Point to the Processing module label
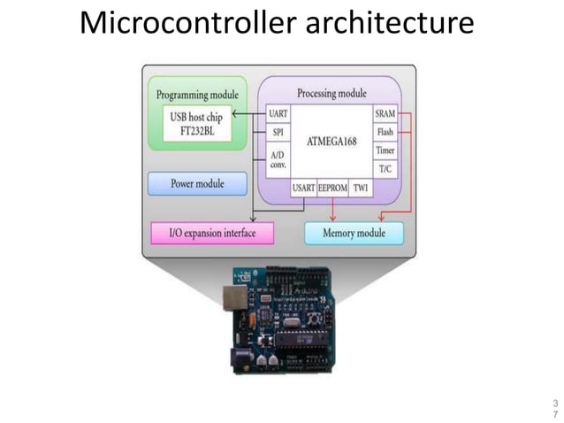(331, 93)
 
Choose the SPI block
(277, 132)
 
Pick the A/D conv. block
(277, 160)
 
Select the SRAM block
(385, 114)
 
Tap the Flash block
(385, 132)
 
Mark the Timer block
(385, 150)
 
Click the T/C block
(385, 168)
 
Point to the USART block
(302, 188)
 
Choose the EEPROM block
(332, 188)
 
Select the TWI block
(361, 188)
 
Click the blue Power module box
(196, 184)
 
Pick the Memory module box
(354, 234)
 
